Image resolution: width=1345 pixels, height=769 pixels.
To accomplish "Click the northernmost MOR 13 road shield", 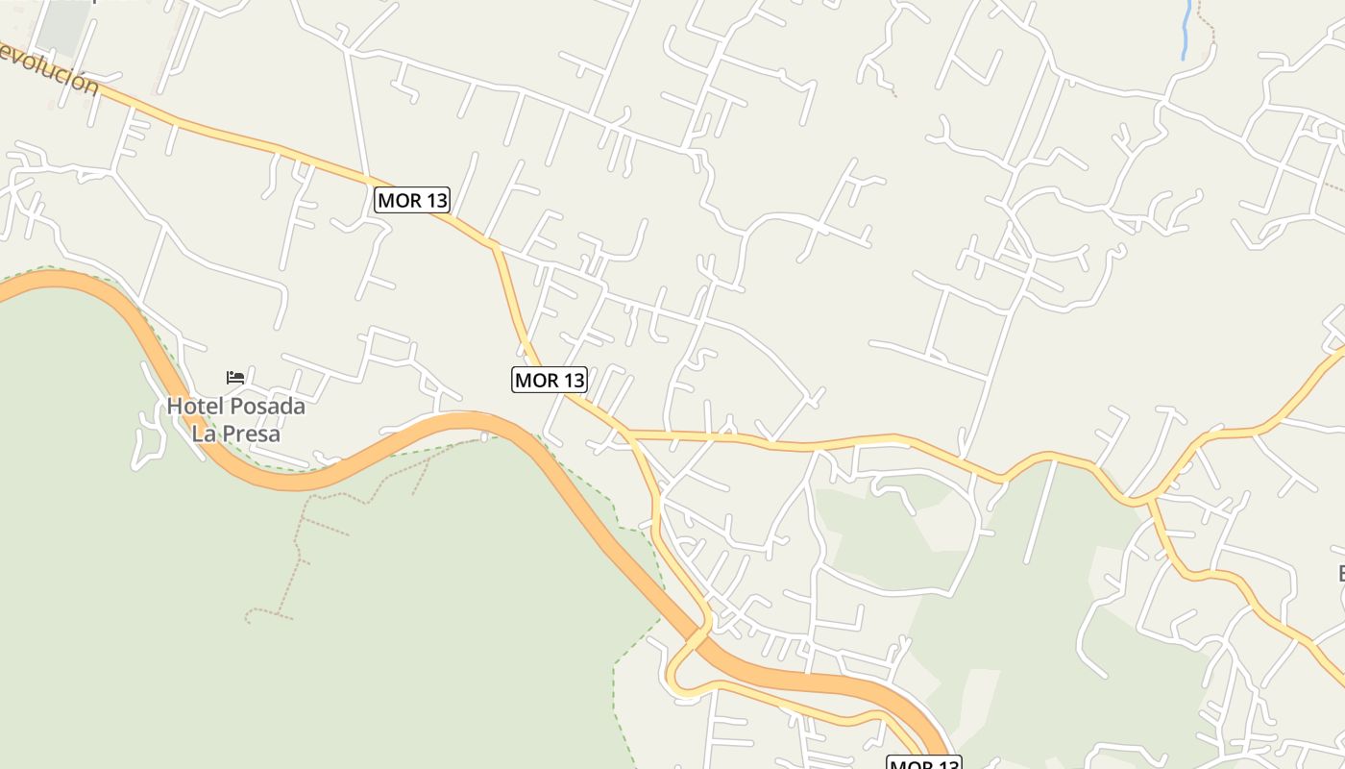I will point(412,200).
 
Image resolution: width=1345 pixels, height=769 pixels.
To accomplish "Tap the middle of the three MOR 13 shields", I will point(550,380).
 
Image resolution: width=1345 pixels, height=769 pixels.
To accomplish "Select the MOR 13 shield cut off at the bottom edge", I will point(923,763).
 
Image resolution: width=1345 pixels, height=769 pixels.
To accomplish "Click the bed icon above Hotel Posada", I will point(235,377).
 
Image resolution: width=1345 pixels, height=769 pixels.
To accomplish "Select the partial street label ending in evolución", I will point(48,69).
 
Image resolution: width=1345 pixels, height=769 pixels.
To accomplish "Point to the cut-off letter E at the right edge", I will point(1341,575).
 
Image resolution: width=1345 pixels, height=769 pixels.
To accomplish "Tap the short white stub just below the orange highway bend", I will point(484,437).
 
